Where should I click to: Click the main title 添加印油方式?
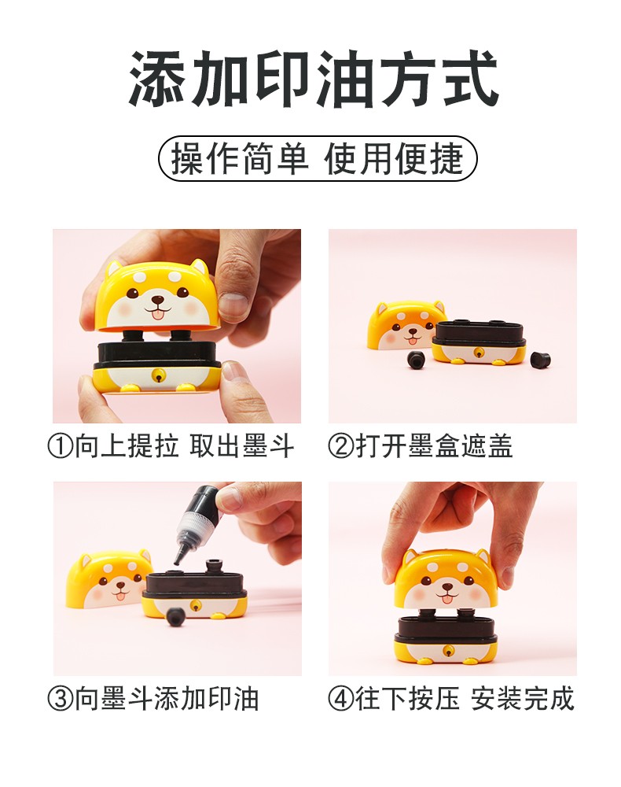tap(314, 79)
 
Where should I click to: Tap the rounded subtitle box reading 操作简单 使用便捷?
tap(318, 159)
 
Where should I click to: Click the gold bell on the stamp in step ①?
tap(159, 375)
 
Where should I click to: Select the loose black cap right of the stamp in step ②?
tap(540, 359)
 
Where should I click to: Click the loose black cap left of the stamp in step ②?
tap(416, 360)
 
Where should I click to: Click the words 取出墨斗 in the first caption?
tap(241, 445)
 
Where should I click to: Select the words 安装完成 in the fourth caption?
tap(522, 699)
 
